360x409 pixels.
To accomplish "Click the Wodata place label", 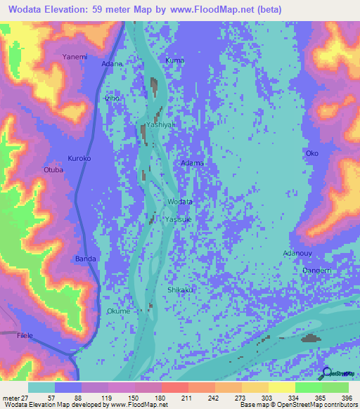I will tap(180, 202).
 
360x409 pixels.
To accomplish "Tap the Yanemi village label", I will tap(74, 56).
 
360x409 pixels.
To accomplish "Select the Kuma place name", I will tap(174, 60).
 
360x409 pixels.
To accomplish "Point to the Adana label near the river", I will tap(112, 64).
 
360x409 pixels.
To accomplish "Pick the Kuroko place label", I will tap(79, 158).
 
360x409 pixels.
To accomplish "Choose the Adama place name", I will tap(192, 163).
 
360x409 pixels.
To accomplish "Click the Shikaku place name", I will tap(180, 290).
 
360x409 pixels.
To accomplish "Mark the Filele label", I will tap(26, 337).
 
